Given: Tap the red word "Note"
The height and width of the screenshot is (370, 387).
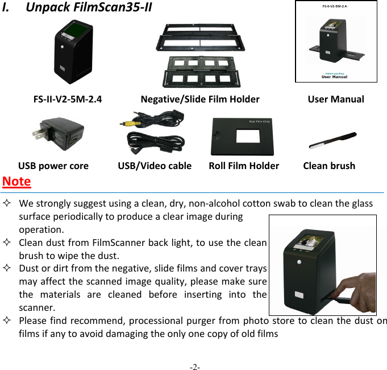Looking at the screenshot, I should coord(16,182).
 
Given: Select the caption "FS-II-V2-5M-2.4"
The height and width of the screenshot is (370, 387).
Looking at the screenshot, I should coord(68,99).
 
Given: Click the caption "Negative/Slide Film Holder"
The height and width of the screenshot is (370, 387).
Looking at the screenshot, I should coord(200,99).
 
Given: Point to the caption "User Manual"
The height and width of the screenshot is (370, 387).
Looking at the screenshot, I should coord(336,99).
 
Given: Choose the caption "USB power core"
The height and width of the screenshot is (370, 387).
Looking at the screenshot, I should coord(53,166).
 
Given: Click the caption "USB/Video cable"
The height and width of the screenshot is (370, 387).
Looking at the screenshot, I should coord(155,166).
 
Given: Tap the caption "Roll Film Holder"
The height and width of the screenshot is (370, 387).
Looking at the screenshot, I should coord(244,166).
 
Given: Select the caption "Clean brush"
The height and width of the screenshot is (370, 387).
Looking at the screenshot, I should coord(329,166).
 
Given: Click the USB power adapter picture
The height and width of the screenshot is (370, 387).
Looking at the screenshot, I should coord(57,135).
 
